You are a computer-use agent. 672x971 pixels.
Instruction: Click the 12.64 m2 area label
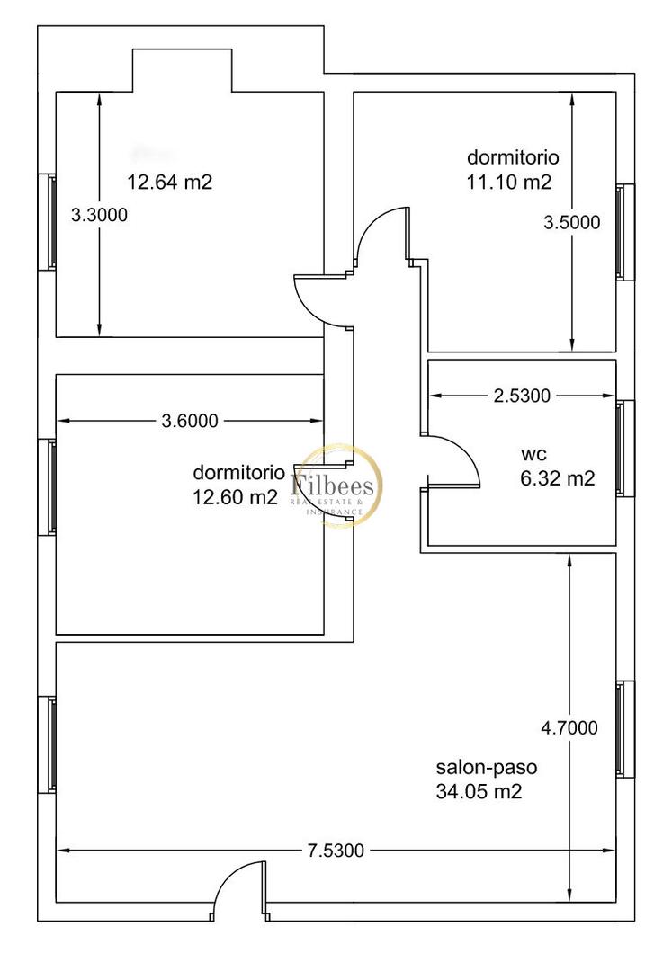click(170, 183)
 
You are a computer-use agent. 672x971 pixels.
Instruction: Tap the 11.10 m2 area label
click(509, 183)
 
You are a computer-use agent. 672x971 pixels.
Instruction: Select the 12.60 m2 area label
click(236, 497)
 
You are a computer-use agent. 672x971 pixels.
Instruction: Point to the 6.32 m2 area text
click(558, 479)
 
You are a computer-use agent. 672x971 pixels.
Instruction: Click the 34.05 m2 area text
click(479, 792)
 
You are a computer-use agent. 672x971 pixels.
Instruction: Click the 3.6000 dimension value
click(190, 420)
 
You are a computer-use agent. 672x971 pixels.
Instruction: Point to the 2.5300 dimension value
click(522, 395)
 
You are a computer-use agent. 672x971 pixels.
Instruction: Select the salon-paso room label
click(487, 769)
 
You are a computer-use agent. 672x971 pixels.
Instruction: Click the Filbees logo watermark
click(338, 486)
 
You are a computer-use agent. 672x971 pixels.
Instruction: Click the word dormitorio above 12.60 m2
click(239, 473)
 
